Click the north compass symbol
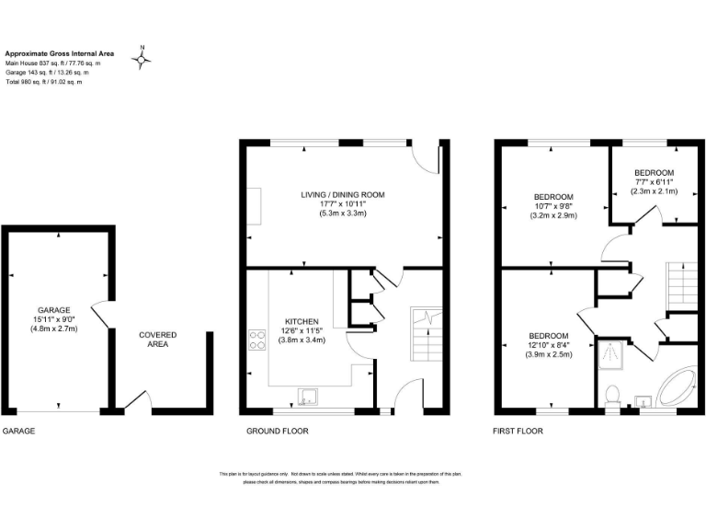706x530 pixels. pyautogui.click(x=142, y=60)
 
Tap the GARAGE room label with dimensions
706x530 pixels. pyautogui.click(x=55, y=319)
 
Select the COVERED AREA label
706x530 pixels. pyautogui.click(x=157, y=340)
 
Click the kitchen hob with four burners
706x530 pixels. pyautogui.click(x=256, y=342)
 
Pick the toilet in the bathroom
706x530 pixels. pyautogui.click(x=612, y=395)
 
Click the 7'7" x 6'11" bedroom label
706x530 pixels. pyautogui.click(x=654, y=182)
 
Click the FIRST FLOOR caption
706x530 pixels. pyautogui.click(x=518, y=432)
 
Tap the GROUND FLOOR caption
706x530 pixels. pyautogui.click(x=277, y=432)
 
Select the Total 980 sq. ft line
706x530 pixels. pyautogui.click(x=44, y=82)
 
